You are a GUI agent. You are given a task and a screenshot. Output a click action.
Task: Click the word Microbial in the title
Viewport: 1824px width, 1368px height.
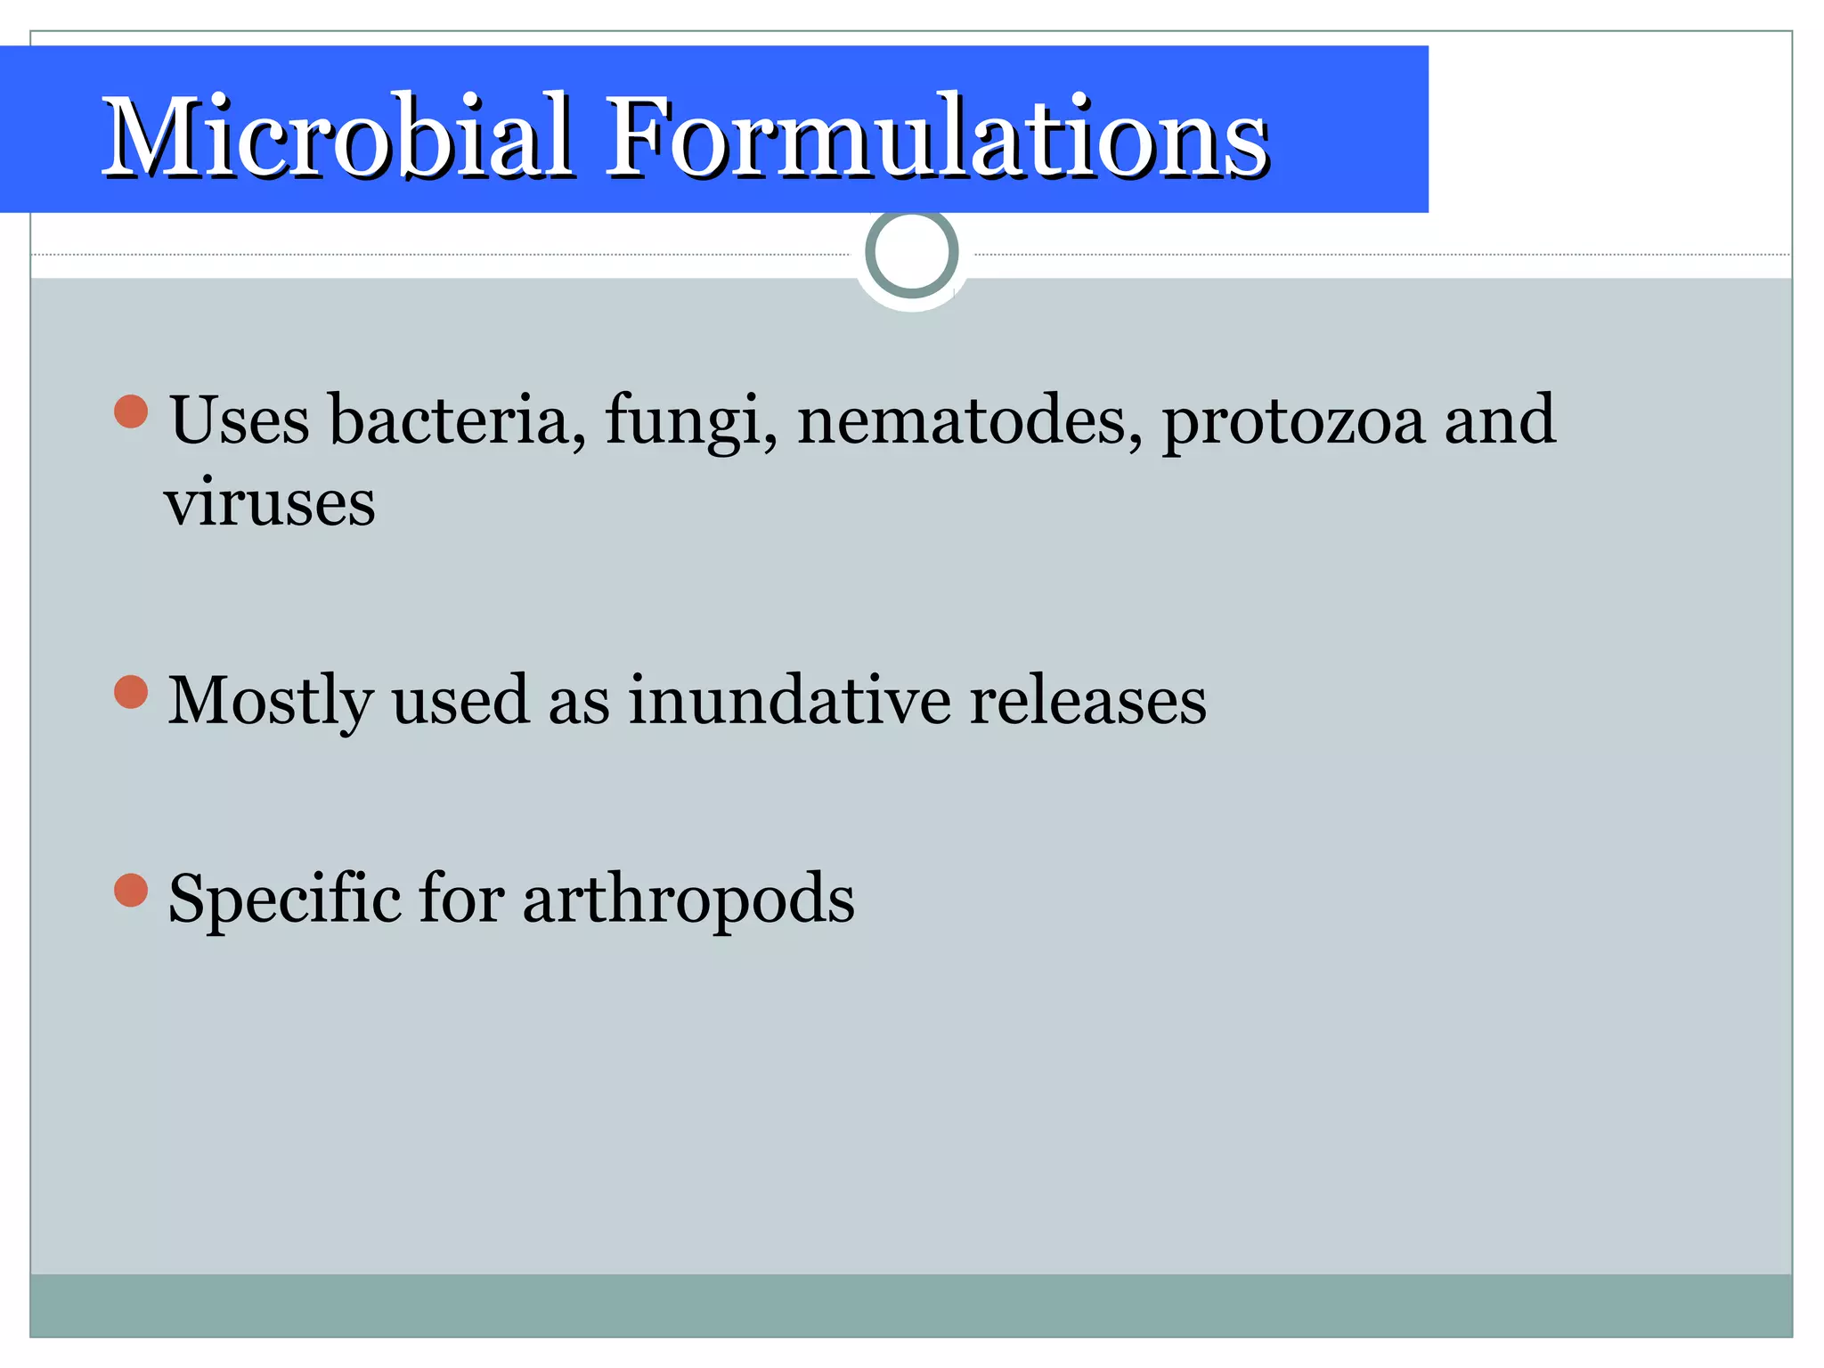[338, 138]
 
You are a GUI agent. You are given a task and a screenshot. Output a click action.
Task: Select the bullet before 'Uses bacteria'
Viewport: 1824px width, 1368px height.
[131, 411]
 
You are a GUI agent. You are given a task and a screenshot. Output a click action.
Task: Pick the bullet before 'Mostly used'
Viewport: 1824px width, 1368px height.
[131, 692]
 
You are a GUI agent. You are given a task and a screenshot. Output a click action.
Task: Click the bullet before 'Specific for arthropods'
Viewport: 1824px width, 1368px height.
[131, 890]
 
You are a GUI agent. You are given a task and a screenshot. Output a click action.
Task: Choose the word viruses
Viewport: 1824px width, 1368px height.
[269, 503]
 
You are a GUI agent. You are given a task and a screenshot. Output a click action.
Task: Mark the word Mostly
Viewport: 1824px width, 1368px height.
[270, 702]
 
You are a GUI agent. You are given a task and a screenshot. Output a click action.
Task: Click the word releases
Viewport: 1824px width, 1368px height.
[1087, 700]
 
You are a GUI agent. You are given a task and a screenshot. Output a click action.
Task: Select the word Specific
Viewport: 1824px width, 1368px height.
[284, 898]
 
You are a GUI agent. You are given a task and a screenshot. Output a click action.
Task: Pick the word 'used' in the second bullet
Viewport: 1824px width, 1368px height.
[460, 700]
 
